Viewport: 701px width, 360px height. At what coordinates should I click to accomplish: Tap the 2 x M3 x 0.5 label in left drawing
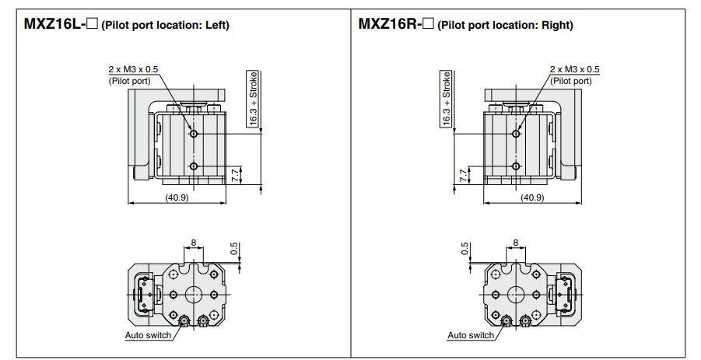[132, 70]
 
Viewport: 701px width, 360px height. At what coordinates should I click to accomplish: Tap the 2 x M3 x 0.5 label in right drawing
[574, 70]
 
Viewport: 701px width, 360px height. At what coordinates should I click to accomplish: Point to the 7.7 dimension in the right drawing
[464, 174]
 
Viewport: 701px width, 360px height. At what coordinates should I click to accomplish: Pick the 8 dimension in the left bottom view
[193, 243]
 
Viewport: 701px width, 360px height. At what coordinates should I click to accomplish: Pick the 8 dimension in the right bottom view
[515, 243]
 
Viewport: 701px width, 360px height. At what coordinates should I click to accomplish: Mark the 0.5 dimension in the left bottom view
[235, 248]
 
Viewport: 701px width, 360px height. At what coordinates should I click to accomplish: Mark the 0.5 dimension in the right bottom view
[464, 248]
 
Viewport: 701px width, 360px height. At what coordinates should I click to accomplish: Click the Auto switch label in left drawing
[148, 335]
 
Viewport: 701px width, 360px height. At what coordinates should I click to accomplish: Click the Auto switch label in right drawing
[471, 335]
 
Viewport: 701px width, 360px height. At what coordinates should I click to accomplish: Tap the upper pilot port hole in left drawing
[194, 135]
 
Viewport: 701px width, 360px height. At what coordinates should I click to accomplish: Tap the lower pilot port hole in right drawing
[515, 166]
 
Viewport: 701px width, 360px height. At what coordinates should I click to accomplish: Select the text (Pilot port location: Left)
[165, 25]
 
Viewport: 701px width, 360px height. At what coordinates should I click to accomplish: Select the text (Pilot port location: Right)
[505, 25]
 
